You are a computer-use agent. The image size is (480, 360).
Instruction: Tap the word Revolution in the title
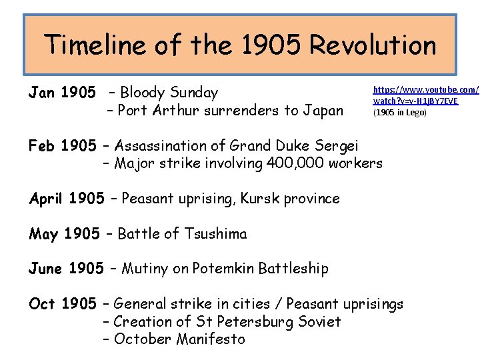(373, 45)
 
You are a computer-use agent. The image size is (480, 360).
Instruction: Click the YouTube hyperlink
(425, 95)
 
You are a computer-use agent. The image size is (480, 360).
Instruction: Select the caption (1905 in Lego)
(400, 112)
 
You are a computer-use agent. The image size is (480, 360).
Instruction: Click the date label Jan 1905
(62, 93)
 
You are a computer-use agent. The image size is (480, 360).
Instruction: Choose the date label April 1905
(67, 198)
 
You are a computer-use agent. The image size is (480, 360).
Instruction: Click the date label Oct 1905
(63, 304)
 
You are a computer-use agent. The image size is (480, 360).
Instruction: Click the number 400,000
(297, 163)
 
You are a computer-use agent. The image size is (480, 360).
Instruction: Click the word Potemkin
(223, 268)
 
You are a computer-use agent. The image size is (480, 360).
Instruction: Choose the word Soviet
(317, 321)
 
